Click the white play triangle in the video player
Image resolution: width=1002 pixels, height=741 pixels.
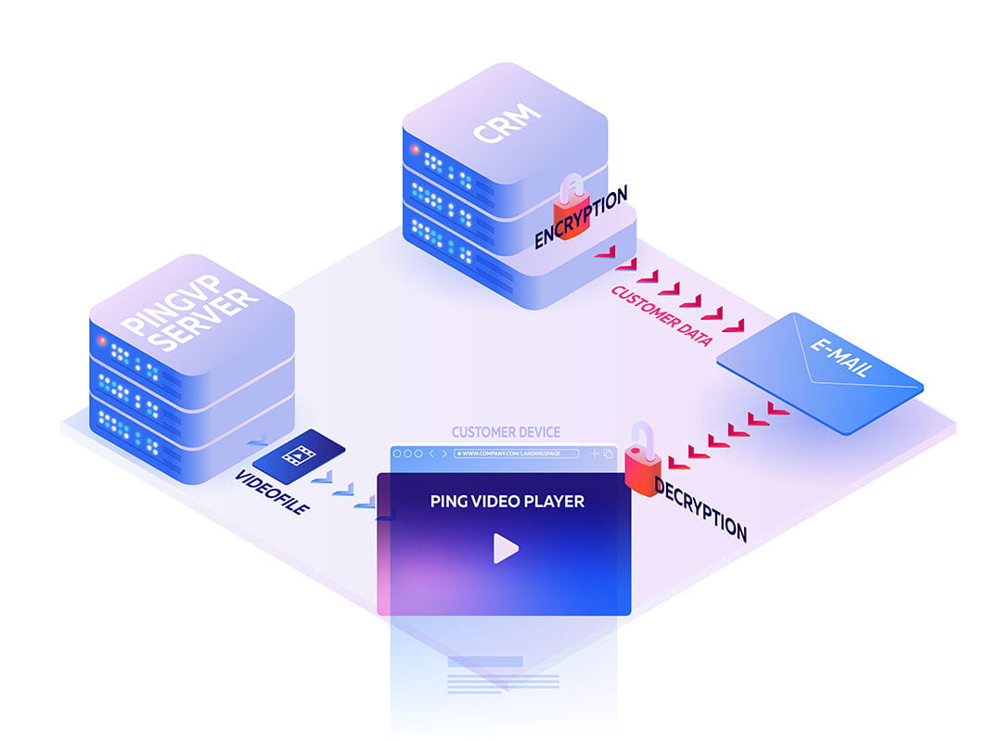[505, 548]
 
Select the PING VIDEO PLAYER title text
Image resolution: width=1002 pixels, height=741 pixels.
[507, 501]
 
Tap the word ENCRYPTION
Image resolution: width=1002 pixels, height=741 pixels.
[581, 217]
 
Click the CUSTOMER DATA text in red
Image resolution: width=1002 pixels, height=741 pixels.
[661, 316]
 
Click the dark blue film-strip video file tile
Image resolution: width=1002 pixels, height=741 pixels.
[299, 455]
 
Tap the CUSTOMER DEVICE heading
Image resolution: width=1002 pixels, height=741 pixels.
[506, 432]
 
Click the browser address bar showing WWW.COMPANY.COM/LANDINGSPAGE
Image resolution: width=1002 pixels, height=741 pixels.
[520, 454]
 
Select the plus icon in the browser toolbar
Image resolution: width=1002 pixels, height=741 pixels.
[595, 454]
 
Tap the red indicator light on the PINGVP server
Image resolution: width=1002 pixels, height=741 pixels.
[102, 340]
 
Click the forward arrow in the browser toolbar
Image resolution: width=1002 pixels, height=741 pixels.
[444, 454]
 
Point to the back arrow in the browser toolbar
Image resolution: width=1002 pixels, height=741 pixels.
[432, 454]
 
